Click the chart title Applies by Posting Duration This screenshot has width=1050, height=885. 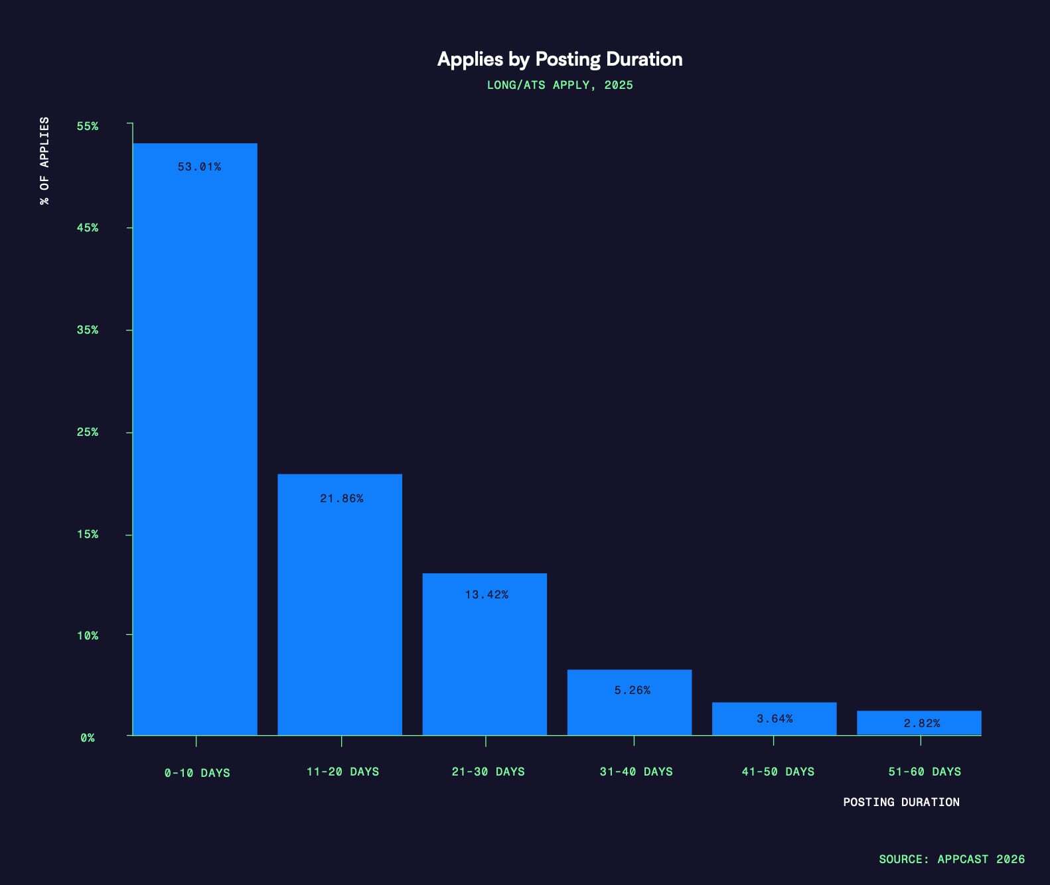coord(560,59)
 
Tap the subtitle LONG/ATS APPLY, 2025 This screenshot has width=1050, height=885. coord(560,85)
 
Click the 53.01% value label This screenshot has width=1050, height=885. coord(199,167)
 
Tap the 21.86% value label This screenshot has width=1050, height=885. coord(341,498)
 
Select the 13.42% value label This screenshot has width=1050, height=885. coord(487,594)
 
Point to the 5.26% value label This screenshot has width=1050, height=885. coord(632,690)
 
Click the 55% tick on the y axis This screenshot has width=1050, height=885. coord(88,126)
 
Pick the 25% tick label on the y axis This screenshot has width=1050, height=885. coord(88,432)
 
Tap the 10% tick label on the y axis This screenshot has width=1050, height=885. coord(88,636)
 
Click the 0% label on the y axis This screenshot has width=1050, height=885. coord(88,738)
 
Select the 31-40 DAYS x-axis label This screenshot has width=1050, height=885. coord(636,772)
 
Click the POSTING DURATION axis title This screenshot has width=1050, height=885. coord(901,802)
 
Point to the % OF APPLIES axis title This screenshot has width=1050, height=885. coord(44,161)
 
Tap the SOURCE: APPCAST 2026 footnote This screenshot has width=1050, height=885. coord(951,859)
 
